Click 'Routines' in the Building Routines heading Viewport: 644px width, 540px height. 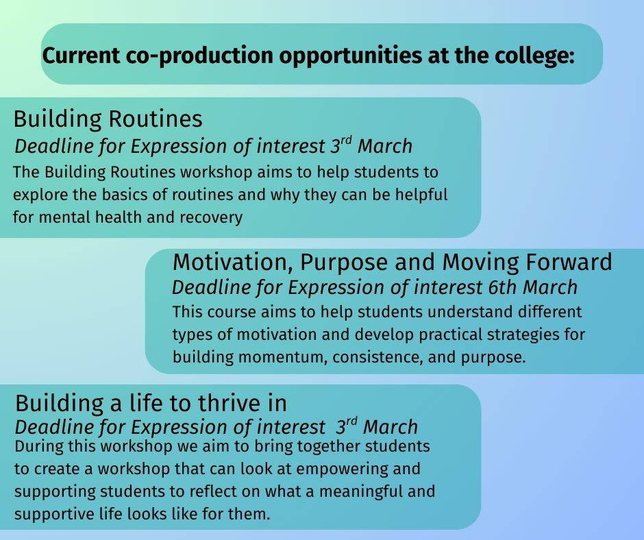point(156,119)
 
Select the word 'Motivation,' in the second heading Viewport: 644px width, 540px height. point(233,262)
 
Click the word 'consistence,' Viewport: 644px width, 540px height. point(377,357)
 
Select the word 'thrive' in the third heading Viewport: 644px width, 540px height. point(230,403)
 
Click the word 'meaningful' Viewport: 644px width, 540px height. point(360,492)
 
